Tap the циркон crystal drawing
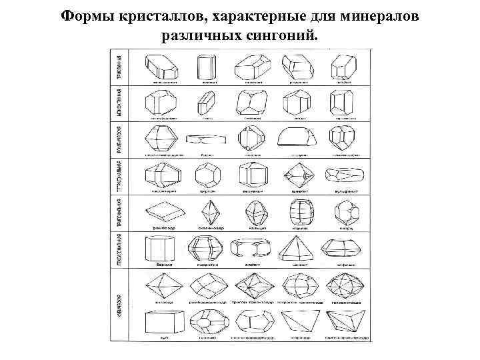pyautogui.click(x=206, y=175)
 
